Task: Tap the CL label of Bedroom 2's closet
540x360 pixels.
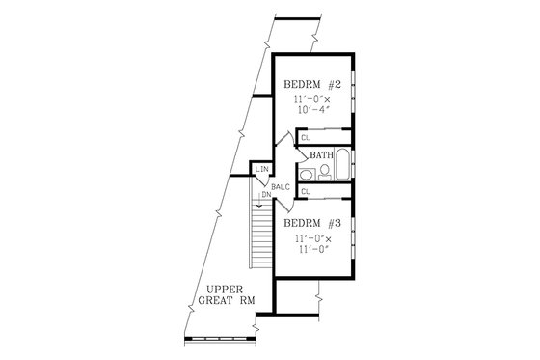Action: tap(305, 138)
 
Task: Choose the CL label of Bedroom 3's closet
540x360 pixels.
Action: tap(305, 192)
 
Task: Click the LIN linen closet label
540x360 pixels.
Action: tap(261, 171)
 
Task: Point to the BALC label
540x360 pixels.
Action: tap(282, 186)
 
